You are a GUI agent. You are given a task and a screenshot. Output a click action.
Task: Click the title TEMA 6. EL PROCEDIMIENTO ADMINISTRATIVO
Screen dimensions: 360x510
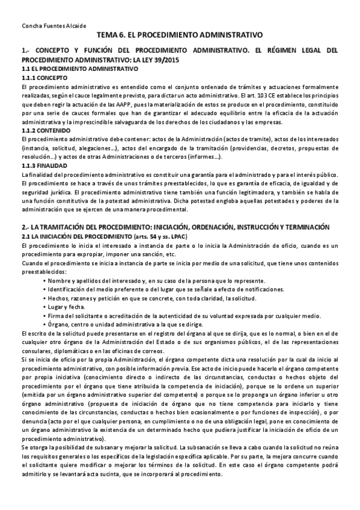point(180,36)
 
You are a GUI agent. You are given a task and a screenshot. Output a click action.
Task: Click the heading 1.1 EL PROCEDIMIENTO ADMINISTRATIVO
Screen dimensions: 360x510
point(76,70)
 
